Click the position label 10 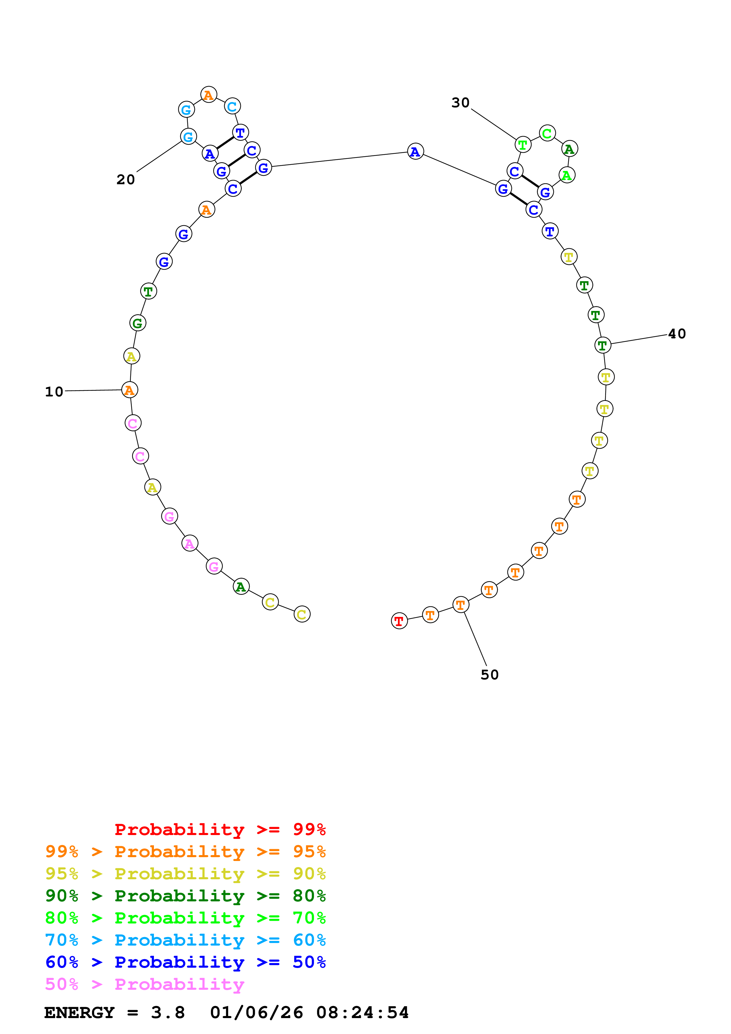54,392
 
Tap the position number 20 126,180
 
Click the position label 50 489,675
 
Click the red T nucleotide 399,621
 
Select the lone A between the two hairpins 415,152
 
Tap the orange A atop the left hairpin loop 208,95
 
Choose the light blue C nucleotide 232,107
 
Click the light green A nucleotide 566,175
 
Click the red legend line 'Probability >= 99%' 220,829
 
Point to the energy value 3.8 167,1013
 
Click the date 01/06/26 256,1013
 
